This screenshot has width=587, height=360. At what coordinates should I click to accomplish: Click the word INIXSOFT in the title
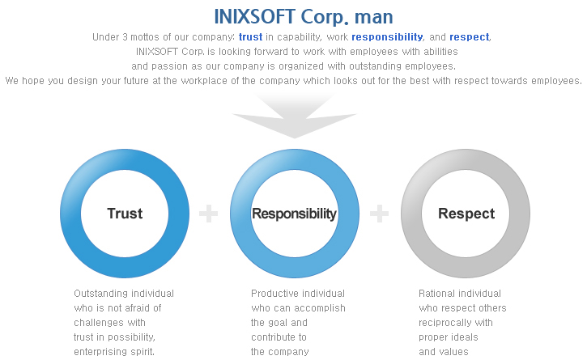coord(254,17)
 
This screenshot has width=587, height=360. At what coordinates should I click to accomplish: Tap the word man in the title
coord(373,18)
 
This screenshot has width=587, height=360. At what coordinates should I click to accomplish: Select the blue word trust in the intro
coord(250,37)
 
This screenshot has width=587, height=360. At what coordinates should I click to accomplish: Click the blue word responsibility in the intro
coord(387,37)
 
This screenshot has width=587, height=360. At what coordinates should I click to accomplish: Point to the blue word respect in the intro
coord(470,37)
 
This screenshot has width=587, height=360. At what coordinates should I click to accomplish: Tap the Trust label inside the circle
coord(125,214)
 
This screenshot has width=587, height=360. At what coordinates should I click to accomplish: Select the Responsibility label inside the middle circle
coord(294,214)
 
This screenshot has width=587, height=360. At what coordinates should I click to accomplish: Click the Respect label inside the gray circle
coord(466,214)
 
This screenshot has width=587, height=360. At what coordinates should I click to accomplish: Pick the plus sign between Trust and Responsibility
coord(209,214)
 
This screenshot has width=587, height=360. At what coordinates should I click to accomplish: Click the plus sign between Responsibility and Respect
coord(379,214)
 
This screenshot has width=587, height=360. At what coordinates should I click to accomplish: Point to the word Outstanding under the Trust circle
coord(98,294)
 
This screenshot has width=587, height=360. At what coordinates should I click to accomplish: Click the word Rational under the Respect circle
coord(433,294)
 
